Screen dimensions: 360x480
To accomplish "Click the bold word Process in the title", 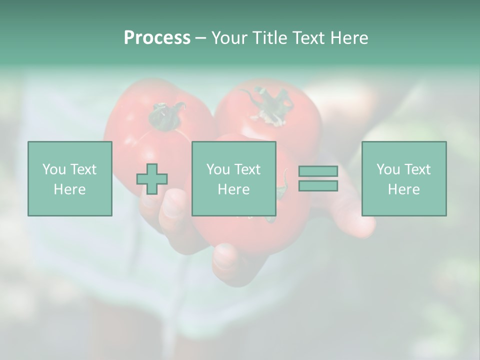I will (x=157, y=38).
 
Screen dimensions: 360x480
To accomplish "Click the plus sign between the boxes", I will (x=152, y=179).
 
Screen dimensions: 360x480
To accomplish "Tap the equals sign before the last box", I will (x=318, y=178).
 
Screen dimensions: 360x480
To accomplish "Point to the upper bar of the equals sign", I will (x=318, y=171).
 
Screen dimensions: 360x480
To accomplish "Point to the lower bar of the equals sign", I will (x=318, y=185).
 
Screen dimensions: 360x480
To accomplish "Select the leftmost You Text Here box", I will (x=70, y=178).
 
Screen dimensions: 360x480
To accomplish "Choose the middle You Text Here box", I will (x=234, y=178).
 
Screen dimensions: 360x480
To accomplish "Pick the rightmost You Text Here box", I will (x=404, y=178).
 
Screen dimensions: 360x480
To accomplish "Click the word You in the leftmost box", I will (x=54, y=169).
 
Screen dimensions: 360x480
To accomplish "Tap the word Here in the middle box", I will (x=234, y=189).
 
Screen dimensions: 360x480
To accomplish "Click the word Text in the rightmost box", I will (x=418, y=169).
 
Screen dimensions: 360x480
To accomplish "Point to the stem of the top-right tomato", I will (x=267, y=102).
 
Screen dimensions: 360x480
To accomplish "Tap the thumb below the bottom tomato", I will (x=227, y=260).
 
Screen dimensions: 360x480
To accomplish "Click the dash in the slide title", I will (x=201, y=38).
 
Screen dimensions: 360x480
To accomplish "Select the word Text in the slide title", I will (x=306, y=38).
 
